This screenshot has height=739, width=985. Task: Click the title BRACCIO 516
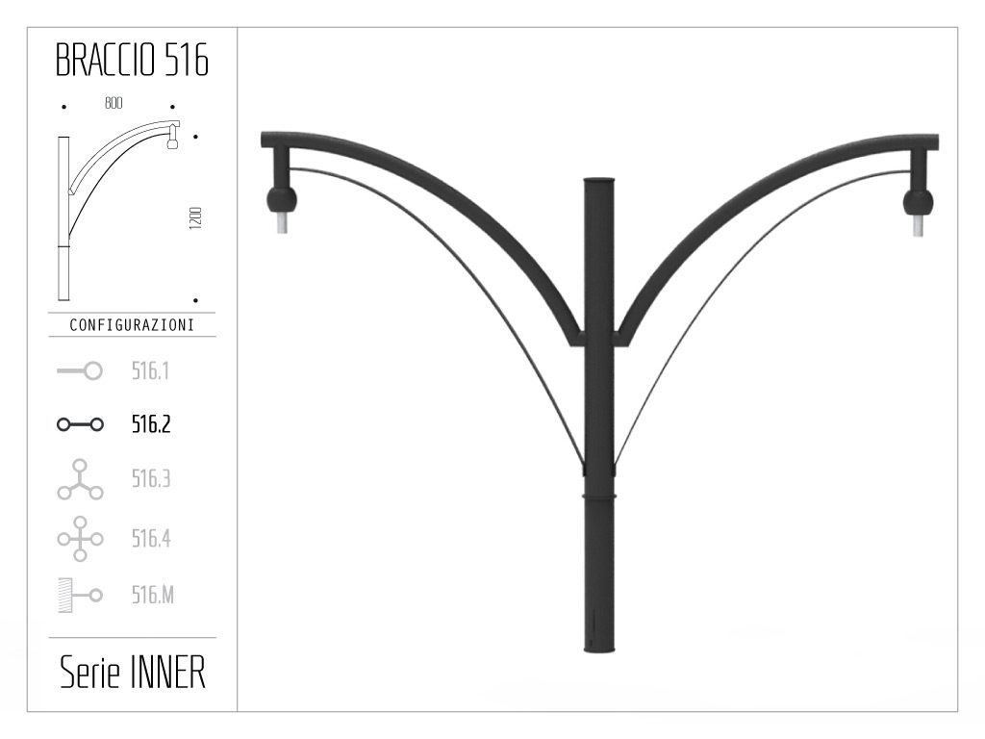click(x=132, y=62)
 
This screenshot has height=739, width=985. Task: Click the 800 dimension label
click(x=114, y=103)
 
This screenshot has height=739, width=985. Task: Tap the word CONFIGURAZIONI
click(x=132, y=325)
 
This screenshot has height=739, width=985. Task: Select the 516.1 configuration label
click(x=151, y=370)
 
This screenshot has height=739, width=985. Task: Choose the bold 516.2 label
click(x=151, y=424)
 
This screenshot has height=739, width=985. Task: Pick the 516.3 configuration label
click(x=151, y=479)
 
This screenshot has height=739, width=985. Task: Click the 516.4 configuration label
click(x=151, y=538)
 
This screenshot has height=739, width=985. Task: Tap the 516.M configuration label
click(x=153, y=596)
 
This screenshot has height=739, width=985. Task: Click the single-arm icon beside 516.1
click(x=80, y=370)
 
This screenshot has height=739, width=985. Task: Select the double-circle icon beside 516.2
click(x=80, y=424)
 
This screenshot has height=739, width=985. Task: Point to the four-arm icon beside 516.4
click(x=80, y=539)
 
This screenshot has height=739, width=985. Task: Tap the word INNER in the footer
click(x=166, y=674)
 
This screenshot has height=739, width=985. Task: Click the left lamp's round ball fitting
click(x=282, y=200)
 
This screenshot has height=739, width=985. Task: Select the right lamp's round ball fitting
click(x=918, y=201)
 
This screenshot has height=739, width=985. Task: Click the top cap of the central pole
click(x=598, y=181)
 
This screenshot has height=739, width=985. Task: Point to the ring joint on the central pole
click(x=598, y=495)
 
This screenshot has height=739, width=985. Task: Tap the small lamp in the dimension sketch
click(x=174, y=141)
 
